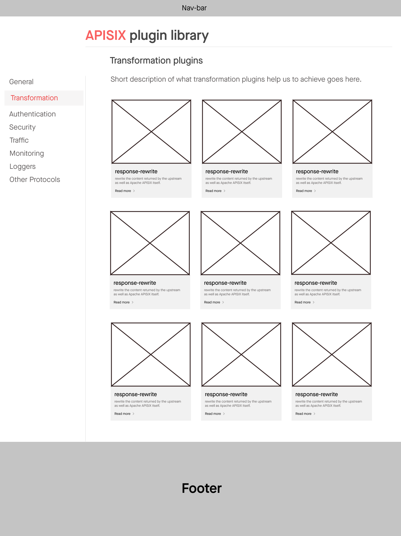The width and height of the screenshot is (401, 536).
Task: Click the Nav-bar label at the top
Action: coord(194,8)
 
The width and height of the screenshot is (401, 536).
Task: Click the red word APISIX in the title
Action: coord(106,35)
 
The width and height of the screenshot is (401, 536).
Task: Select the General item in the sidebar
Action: coord(21,82)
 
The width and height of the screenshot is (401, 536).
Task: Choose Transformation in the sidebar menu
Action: coord(34,98)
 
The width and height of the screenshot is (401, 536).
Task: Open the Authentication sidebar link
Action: coord(33,114)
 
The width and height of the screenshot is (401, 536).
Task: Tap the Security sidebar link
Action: coord(23,127)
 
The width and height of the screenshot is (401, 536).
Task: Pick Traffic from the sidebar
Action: coord(19,140)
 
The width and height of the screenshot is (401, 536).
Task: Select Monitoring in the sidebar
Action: coord(27,153)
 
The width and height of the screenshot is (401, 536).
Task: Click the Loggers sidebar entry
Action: coord(23,166)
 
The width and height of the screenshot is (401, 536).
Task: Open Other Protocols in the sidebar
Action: coord(35,179)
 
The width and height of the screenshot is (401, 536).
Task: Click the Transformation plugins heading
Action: coord(156,60)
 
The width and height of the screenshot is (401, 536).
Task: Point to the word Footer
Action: coord(202,488)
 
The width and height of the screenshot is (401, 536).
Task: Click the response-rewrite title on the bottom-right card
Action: coord(317,394)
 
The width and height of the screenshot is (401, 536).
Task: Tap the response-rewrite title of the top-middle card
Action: coord(227,171)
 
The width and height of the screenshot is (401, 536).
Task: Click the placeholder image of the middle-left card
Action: coord(150,243)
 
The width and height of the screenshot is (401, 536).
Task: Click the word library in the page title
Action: coord(189,35)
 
